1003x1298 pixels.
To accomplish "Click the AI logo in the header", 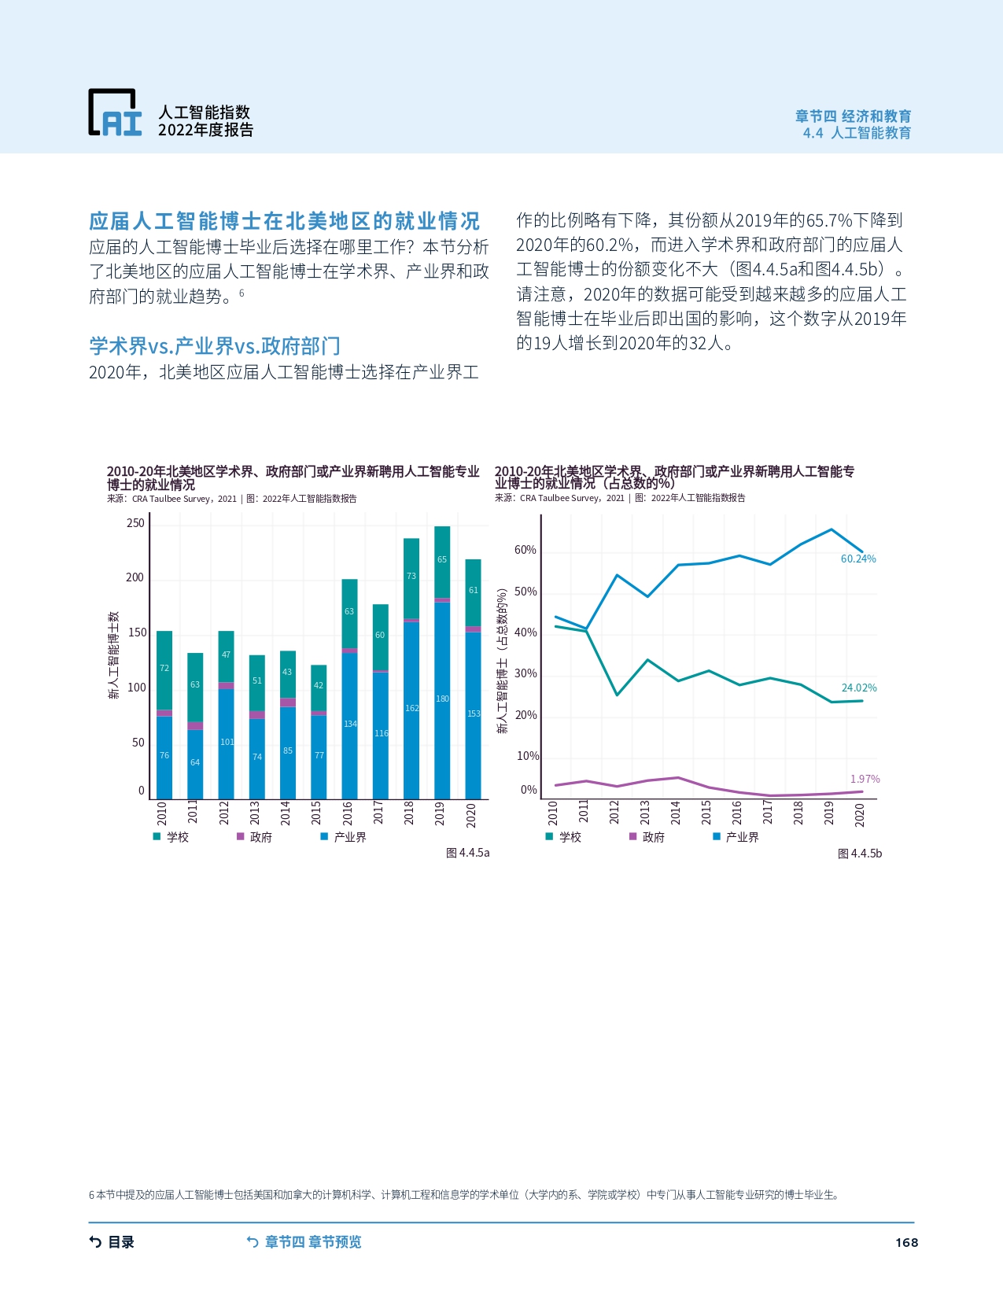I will tap(115, 112).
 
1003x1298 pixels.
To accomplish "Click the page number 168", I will tap(906, 1242).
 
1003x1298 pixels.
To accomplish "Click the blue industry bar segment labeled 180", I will tap(442, 699).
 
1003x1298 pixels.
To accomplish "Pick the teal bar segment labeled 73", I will tap(411, 577).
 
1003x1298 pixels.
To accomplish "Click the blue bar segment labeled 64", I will tap(195, 763).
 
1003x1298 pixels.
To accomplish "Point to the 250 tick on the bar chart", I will tap(135, 523).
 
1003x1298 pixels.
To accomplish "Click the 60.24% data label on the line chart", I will tap(858, 559).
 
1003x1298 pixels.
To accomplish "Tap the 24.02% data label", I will tap(859, 688).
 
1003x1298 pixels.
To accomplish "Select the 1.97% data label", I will tap(865, 779).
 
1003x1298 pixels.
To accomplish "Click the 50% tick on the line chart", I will tap(526, 592).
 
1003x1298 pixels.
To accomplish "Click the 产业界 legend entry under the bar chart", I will tap(344, 837).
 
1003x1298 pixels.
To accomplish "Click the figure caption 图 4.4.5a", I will tap(467, 853).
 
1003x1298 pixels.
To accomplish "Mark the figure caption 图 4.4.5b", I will tap(860, 854).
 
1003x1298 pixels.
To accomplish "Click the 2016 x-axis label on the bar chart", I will tap(348, 813).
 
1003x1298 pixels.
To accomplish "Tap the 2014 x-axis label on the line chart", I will tap(675, 813).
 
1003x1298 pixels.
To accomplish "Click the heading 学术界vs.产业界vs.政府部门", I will tap(215, 346).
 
